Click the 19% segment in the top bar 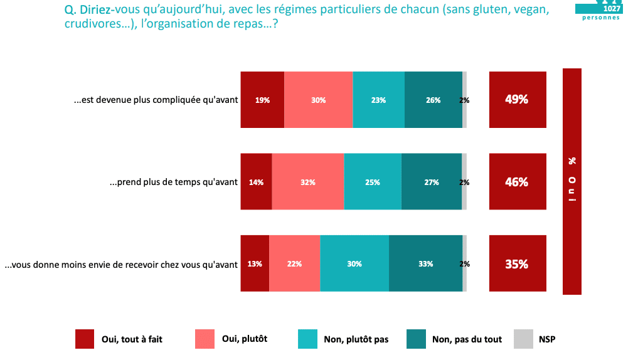pyautogui.click(x=262, y=100)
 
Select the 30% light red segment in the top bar pyautogui.click(x=318, y=100)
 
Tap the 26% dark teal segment pyautogui.click(x=433, y=100)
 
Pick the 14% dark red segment pyautogui.click(x=256, y=182)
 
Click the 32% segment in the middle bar pyautogui.click(x=307, y=182)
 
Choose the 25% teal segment pyautogui.click(x=372, y=182)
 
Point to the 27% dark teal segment pyautogui.click(x=431, y=182)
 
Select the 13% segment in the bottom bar pyautogui.click(x=255, y=263)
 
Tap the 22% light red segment pyautogui.click(x=294, y=263)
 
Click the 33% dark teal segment pyautogui.click(x=425, y=263)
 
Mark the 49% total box pyautogui.click(x=517, y=100)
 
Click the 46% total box pyautogui.click(x=517, y=182)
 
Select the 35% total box pyautogui.click(x=517, y=263)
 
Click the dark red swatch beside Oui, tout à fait pyautogui.click(x=84, y=339)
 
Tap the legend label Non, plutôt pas pyautogui.click(x=356, y=339)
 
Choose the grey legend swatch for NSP pyautogui.click(x=523, y=339)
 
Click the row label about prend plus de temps pyautogui.click(x=174, y=183)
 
